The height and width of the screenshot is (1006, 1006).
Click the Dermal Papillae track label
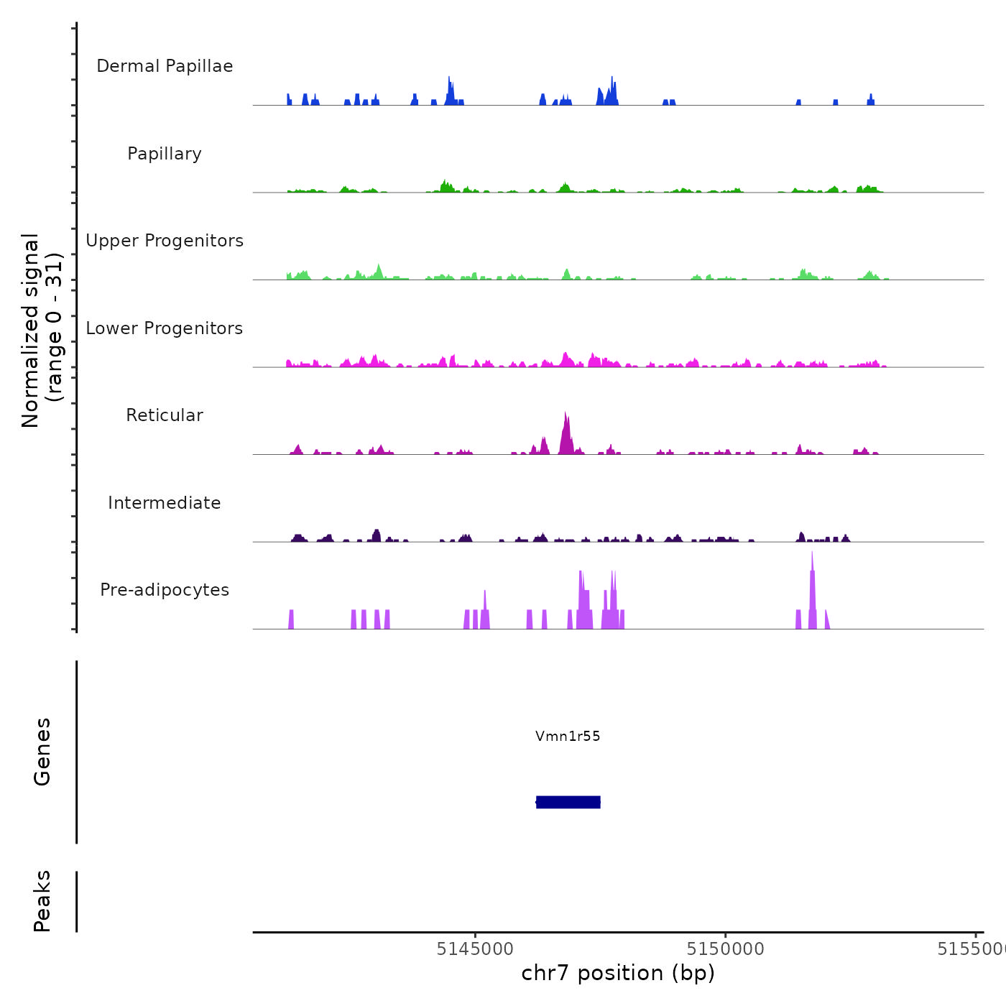[165, 66]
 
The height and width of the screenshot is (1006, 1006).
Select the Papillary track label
[165, 154]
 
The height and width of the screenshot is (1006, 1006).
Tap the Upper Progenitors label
[165, 241]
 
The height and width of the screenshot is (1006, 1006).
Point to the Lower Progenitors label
[165, 328]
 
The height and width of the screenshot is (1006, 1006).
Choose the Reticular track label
[165, 415]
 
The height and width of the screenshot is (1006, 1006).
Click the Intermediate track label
[165, 503]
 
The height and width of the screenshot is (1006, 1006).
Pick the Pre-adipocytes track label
[165, 590]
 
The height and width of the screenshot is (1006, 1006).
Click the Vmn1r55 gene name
[568, 736]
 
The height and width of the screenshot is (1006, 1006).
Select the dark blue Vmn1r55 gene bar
[568, 802]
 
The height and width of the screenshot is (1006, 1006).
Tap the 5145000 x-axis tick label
[475, 949]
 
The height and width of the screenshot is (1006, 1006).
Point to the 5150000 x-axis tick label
[725, 949]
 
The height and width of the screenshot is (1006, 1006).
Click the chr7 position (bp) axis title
[618, 973]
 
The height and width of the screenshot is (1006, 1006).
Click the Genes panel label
[42, 752]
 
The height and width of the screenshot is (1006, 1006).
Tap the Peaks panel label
[42, 901]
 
